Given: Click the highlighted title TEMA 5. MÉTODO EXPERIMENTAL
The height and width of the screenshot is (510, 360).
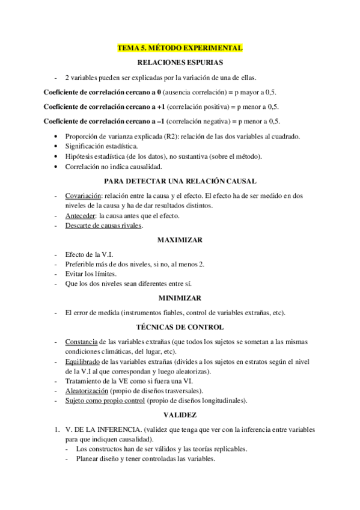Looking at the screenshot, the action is click(180, 48).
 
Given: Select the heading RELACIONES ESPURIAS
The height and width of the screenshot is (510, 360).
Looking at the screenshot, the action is click(180, 62).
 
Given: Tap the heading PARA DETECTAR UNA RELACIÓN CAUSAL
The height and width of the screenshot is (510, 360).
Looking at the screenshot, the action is click(180, 181).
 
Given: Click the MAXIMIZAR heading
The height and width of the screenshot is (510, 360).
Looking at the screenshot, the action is click(180, 240).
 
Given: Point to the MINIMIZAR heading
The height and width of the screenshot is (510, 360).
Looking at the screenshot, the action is click(180, 298).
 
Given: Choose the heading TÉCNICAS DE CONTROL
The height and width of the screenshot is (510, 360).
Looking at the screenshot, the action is click(180, 327).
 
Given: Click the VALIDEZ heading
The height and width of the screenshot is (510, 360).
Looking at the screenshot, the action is click(180, 415).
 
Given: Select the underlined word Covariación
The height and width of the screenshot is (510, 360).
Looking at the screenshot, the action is click(83, 195).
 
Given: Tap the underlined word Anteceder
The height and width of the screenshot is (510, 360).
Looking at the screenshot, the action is click(81, 215).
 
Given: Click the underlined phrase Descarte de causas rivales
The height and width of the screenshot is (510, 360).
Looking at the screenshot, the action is click(103, 226).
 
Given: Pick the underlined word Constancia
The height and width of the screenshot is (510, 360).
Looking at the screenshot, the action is click(81, 342).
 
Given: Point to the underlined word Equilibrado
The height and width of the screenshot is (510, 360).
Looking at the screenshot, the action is click(82, 361).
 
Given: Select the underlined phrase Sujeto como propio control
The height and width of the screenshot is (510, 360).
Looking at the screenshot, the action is click(105, 401).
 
